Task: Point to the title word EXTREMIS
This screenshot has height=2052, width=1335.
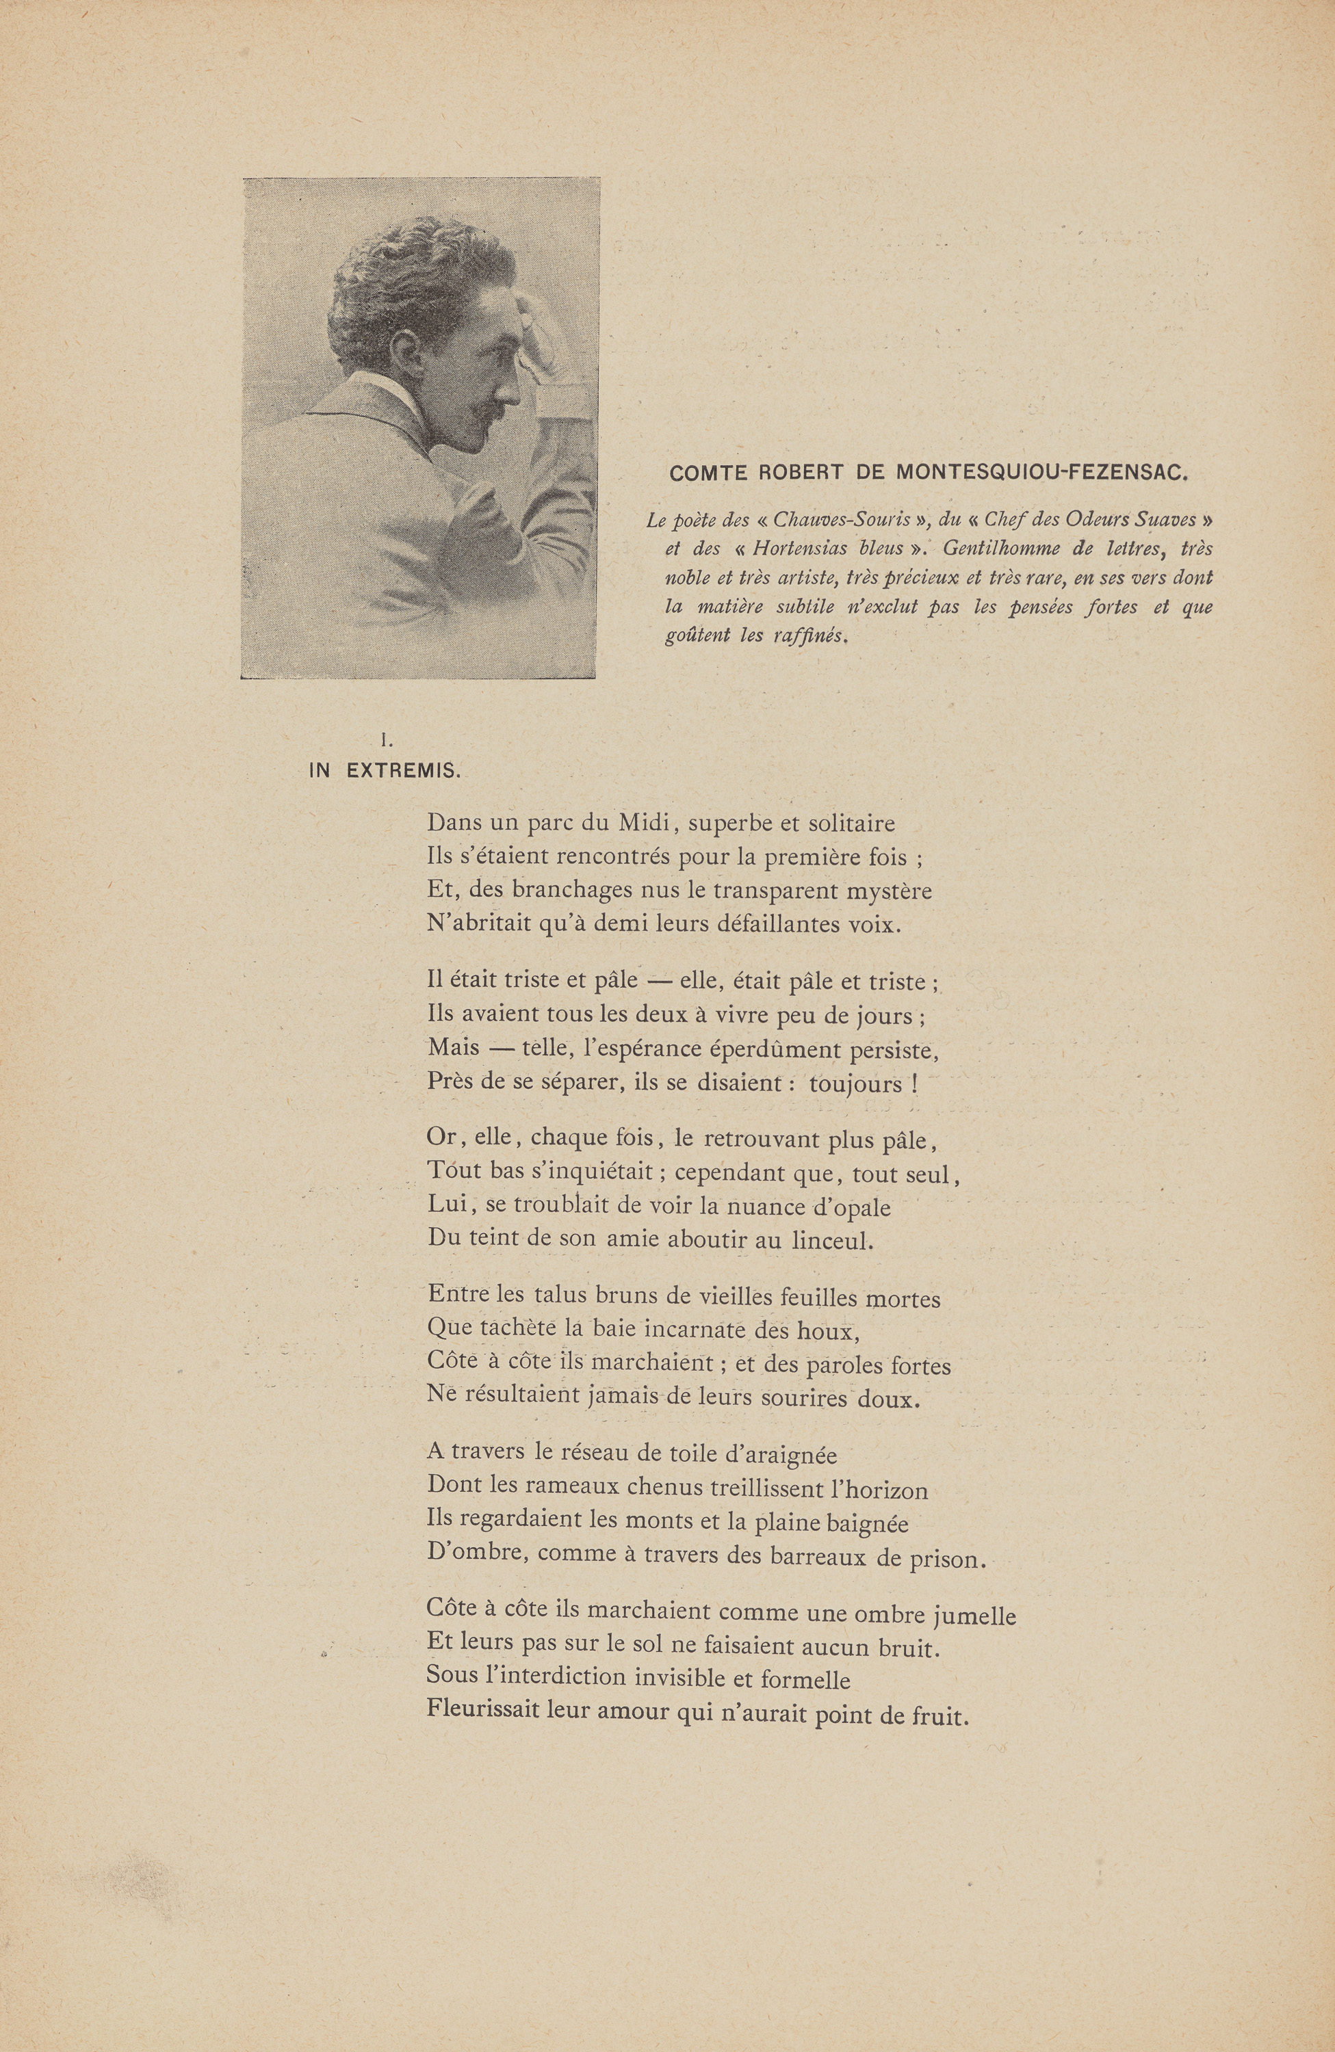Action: (403, 771)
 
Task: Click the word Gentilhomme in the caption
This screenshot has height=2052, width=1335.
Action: (1001, 549)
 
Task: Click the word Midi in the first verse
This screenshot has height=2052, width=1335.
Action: (639, 823)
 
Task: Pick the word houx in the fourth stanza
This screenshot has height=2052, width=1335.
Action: (827, 1331)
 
